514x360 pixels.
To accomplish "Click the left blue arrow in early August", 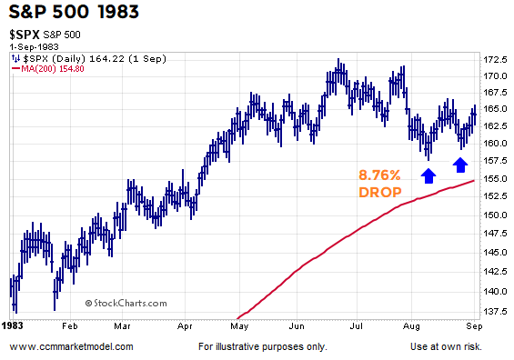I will pyautogui.click(x=428, y=164).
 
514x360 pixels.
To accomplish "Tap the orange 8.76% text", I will pyautogui.click(x=379, y=174).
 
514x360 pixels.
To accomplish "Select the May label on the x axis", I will pyautogui.click(x=240, y=324).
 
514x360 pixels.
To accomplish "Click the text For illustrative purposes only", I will pyautogui.click(x=261, y=346).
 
